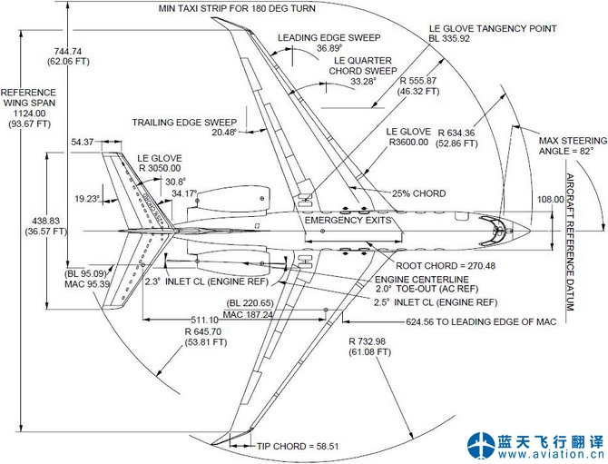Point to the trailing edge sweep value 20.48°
click(223, 133)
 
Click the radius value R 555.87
click(418, 81)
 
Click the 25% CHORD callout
click(417, 193)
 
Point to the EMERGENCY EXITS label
click(348, 221)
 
